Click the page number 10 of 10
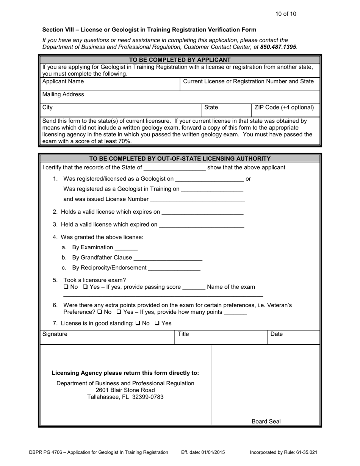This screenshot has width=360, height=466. [286, 14]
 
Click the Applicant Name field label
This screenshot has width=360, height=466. [63, 81]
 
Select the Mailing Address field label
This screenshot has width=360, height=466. [63, 94]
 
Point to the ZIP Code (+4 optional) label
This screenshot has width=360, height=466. [284, 107]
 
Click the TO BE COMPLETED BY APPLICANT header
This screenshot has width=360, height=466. [180, 59]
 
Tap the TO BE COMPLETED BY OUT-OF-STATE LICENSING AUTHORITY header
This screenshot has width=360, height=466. [180, 158]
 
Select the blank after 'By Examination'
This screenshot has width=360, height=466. [126, 248]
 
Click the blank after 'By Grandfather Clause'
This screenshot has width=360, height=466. [168, 258]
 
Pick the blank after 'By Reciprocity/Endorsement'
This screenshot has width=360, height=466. [174, 268]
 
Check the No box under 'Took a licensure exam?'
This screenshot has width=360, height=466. [66, 287]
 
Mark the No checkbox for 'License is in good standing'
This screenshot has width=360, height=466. [138, 323]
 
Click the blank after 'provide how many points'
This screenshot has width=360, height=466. [235, 313]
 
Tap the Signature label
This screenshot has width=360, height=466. [55, 334]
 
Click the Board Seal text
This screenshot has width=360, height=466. [266, 421]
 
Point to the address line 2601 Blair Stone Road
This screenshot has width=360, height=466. [125, 390]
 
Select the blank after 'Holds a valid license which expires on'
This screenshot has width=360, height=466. [202, 212]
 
